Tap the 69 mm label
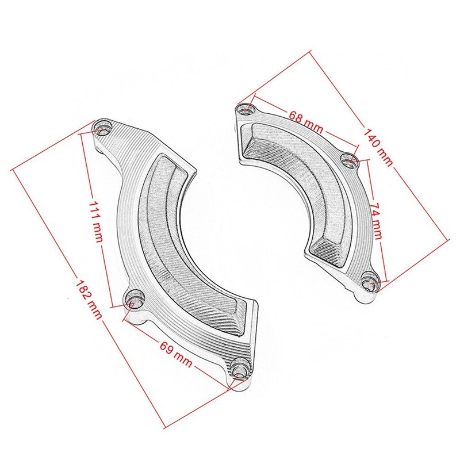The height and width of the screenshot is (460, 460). [x=175, y=352]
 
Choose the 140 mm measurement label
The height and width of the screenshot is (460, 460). [x=378, y=147]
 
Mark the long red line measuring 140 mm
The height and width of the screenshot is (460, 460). [x=402, y=172]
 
